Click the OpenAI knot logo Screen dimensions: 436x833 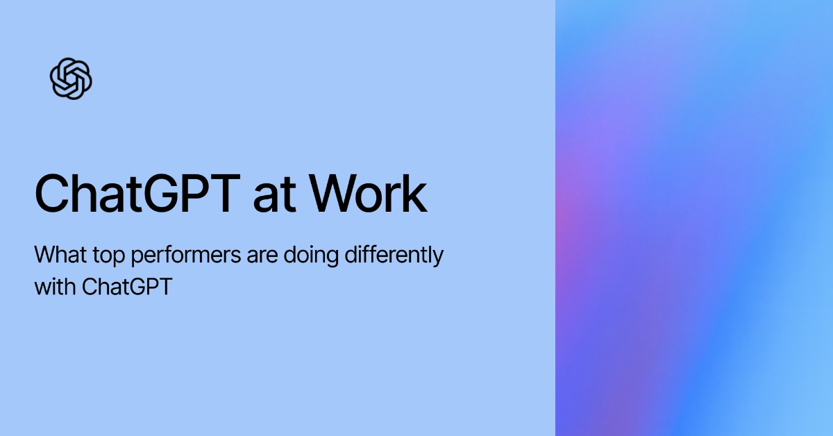click(x=71, y=78)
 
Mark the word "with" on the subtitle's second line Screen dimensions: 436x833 click(x=55, y=286)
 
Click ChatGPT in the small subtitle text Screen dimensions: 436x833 click(x=126, y=286)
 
